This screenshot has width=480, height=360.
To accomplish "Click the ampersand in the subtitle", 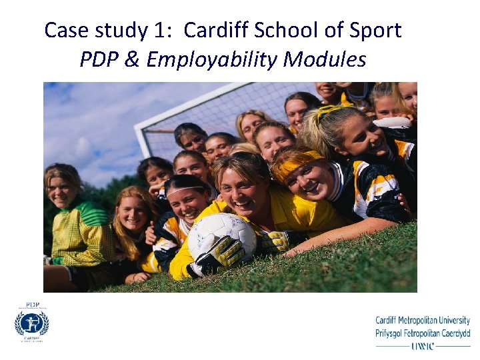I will tap(133, 60).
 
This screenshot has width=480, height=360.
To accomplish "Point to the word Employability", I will tap(212, 60).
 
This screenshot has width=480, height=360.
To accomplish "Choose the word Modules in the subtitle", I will tap(325, 60).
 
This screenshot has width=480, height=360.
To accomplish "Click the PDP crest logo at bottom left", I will tap(32, 323).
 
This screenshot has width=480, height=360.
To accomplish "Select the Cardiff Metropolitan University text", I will tap(423, 321).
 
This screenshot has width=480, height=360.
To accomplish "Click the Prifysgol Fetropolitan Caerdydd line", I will tap(423, 333).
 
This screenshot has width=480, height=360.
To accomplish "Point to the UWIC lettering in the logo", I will tap(422, 347).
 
